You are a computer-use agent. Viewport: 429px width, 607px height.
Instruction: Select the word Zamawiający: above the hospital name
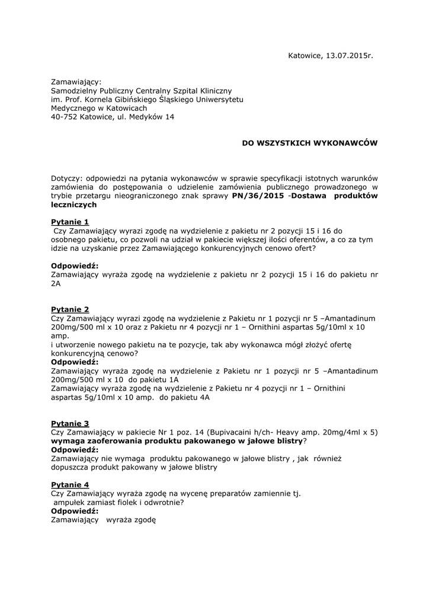pyautogui.click(x=76, y=81)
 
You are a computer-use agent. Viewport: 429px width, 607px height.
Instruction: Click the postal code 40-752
pyautogui.click(x=64, y=117)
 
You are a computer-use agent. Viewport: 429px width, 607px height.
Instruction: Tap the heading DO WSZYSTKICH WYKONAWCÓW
pyautogui.click(x=309, y=143)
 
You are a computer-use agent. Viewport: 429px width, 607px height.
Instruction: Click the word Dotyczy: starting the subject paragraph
pyautogui.click(x=67, y=178)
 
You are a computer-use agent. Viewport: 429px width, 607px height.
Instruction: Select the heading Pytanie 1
pyautogui.click(x=70, y=222)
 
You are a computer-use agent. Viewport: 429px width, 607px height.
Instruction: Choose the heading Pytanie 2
pyautogui.click(x=70, y=309)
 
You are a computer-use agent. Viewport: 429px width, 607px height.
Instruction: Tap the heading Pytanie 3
pyautogui.click(x=70, y=423)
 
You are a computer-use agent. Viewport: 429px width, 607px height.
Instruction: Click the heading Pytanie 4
pyautogui.click(x=70, y=485)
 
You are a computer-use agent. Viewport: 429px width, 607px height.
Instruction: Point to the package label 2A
pyautogui.click(x=56, y=284)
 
